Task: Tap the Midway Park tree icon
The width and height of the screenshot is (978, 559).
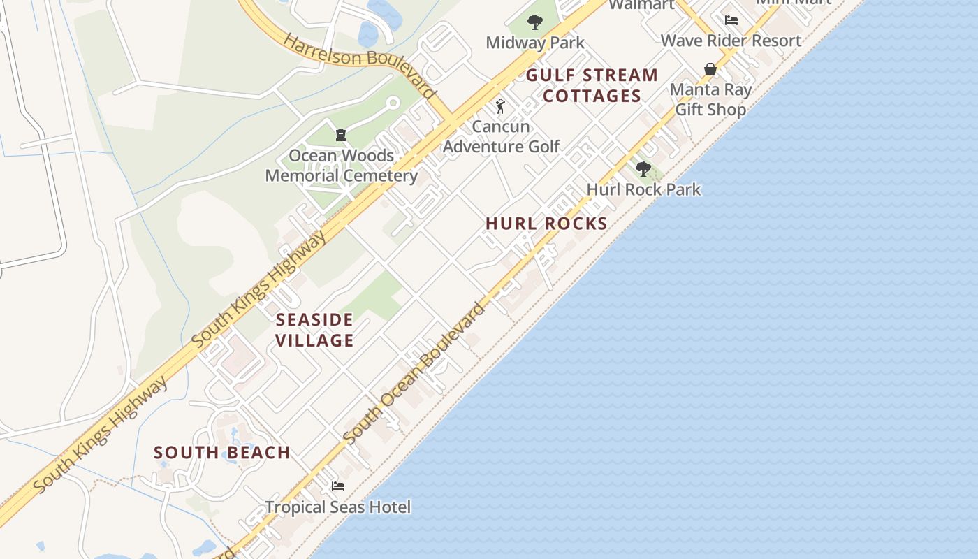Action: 535,22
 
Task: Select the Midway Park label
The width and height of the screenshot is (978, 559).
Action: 535,43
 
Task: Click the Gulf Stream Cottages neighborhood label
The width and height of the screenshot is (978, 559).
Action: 592,85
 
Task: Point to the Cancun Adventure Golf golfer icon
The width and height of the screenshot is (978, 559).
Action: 500,106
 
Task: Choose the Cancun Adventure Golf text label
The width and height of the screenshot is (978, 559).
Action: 502,136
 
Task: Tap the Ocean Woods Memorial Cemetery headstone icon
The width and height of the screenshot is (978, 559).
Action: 341,135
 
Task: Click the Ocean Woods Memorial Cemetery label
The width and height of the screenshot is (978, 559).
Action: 341,166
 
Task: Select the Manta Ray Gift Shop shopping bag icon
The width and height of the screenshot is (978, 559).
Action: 710,69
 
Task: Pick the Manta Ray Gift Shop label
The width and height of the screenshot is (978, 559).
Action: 710,99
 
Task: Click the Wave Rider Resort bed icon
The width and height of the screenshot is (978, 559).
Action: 731,20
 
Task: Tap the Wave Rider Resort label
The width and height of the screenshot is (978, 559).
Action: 731,41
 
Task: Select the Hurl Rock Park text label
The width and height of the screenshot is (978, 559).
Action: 643,189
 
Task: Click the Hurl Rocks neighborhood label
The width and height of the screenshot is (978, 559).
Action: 546,224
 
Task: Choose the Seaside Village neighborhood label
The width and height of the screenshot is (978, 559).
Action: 314,330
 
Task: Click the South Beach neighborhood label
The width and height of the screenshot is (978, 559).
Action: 222,453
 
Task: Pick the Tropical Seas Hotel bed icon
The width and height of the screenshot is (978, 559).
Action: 338,486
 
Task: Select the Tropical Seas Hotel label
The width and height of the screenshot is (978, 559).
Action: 338,507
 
